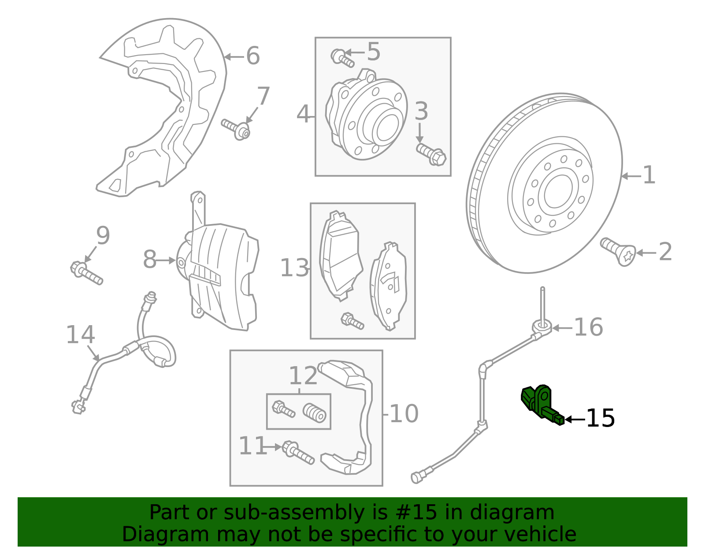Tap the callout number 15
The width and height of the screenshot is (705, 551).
600,418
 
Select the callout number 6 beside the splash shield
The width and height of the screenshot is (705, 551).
252,56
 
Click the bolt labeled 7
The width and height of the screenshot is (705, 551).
236,128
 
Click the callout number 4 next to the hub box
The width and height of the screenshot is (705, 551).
303,115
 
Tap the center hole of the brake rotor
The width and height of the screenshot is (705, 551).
558,191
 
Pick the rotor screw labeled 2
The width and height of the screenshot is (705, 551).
618,252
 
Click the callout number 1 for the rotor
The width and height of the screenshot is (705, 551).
649,176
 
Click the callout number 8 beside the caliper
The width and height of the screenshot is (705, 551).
150,259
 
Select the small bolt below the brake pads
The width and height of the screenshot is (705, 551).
352,321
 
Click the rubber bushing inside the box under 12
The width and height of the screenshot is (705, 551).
315,412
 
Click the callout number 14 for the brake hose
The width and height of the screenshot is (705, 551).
80,335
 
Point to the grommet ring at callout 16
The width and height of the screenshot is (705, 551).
542,327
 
